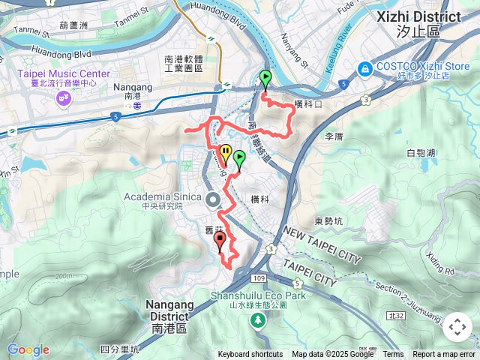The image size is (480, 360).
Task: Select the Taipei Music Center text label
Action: pyautogui.click(x=64, y=73)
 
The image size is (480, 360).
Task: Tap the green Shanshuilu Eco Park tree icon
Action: pyautogui.click(x=257, y=320)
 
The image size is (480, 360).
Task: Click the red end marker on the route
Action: pyautogui.click(x=220, y=240)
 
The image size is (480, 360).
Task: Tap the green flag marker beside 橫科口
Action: pyautogui.click(x=265, y=78)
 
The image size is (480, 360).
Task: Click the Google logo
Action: pyautogui.click(x=28, y=349)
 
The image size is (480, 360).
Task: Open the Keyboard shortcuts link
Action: pyautogui.click(x=250, y=355)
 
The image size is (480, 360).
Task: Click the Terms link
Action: pyautogui.click(x=393, y=355)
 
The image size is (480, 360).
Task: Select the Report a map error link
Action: pyautogui.click(x=445, y=355)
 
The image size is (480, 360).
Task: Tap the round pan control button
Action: pyautogui.click(x=456, y=327)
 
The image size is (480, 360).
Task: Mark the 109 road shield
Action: pyautogui.click(x=259, y=279)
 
